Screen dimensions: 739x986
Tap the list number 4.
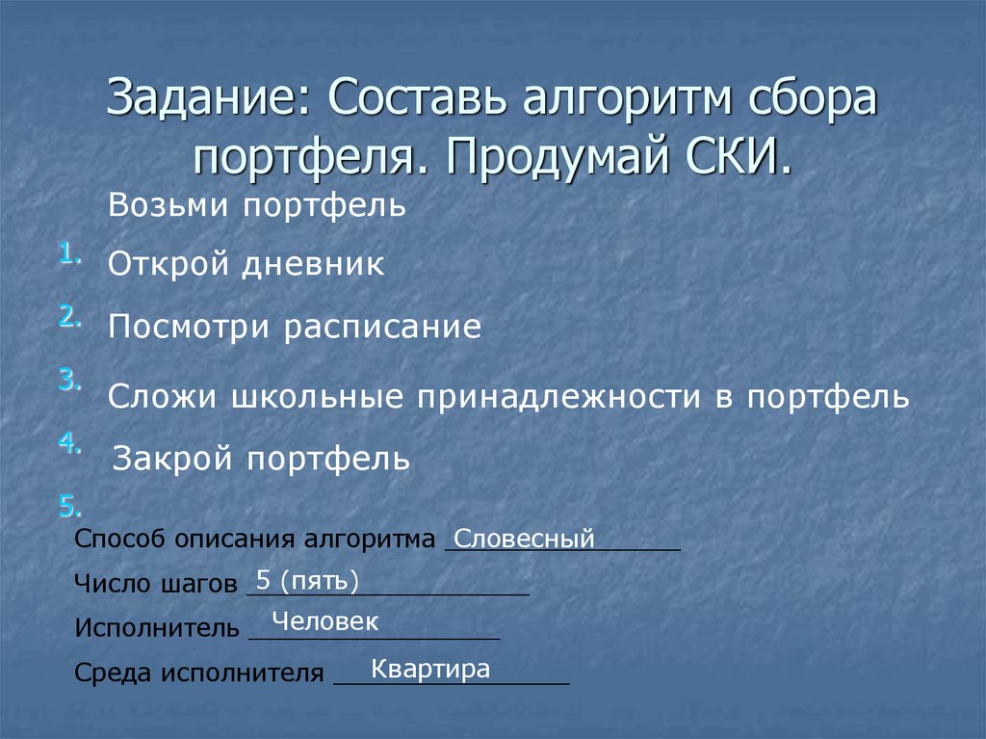point(69,442)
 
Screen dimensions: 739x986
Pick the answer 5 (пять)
point(307,580)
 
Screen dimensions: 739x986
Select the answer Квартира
point(430,669)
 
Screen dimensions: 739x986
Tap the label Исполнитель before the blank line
point(156,629)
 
